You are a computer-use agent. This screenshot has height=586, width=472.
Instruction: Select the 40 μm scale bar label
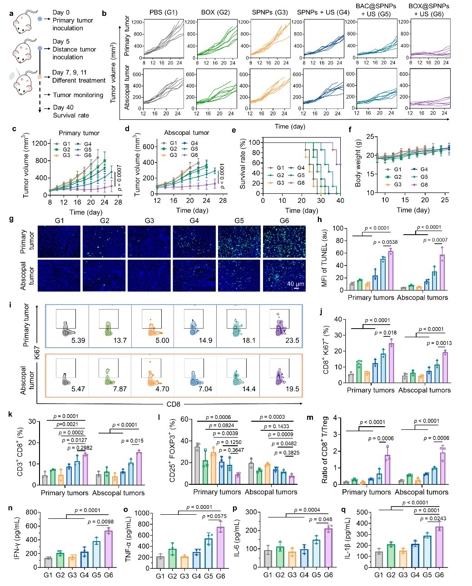[296, 284]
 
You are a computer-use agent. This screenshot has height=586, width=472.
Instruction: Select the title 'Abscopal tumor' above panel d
[186, 133]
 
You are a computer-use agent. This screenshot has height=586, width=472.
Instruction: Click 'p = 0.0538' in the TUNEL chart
[386, 242]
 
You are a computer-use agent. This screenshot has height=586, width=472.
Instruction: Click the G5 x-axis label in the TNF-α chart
[208, 576]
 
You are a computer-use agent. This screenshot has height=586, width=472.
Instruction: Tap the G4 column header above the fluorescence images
[194, 221]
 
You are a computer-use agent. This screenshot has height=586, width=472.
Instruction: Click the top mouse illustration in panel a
[23, 21]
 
